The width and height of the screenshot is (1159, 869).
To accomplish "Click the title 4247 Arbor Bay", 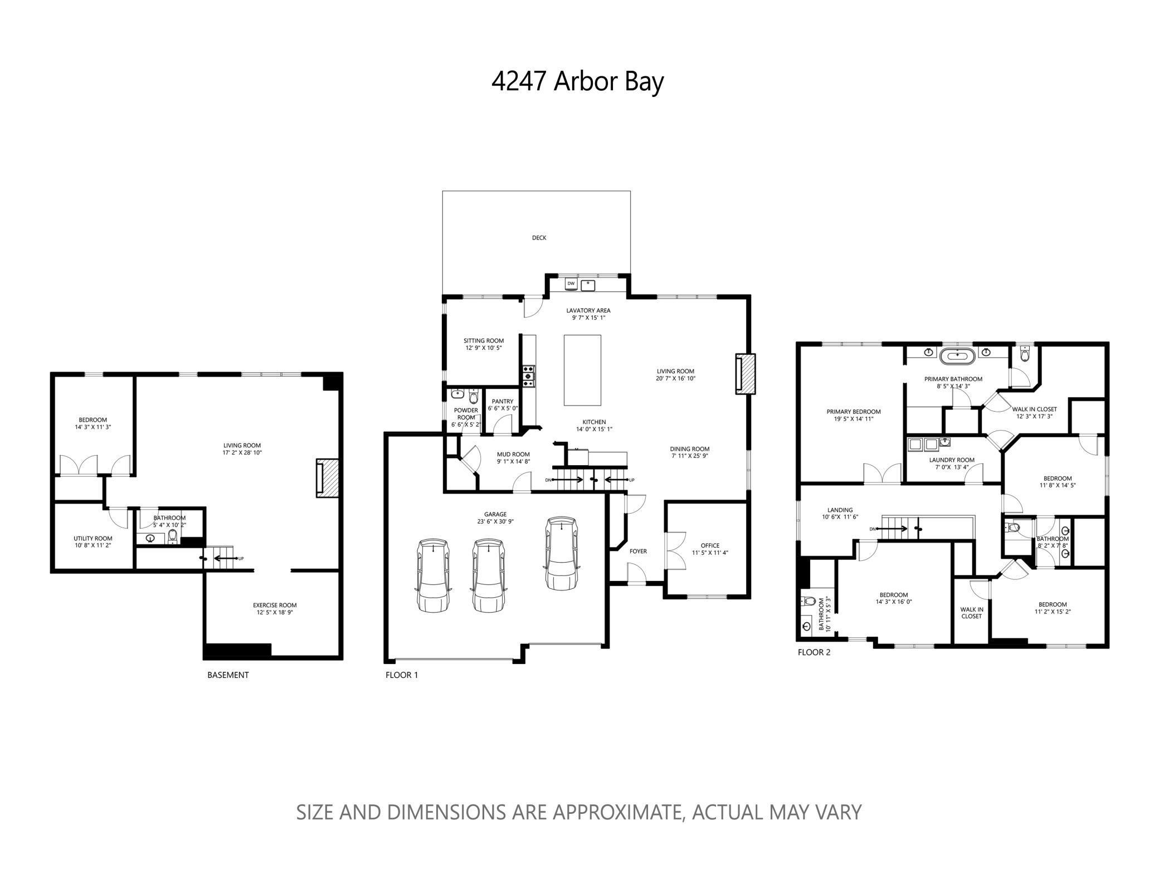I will click(x=577, y=82).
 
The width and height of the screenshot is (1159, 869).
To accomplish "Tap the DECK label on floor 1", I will click(x=539, y=238).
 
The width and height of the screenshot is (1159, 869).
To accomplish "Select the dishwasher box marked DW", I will click(x=571, y=284).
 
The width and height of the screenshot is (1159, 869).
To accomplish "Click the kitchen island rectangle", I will click(x=582, y=370).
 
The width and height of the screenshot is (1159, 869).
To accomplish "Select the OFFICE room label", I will click(x=710, y=545).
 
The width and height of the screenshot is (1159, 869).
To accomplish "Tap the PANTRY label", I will click(x=502, y=402).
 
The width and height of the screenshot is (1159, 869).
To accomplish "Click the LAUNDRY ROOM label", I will click(x=951, y=460).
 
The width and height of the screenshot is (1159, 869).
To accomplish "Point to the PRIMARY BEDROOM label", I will click(x=853, y=412).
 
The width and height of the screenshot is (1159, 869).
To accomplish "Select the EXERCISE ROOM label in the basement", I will click(x=274, y=605).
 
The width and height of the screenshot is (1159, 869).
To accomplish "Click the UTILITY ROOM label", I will click(x=93, y=538).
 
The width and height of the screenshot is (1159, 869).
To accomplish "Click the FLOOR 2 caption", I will click(x=814, y=652).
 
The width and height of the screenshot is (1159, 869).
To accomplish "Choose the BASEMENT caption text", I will click(x=228, y=675).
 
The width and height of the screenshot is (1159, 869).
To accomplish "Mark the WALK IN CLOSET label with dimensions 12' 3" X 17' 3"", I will click(x=1034, y=409).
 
